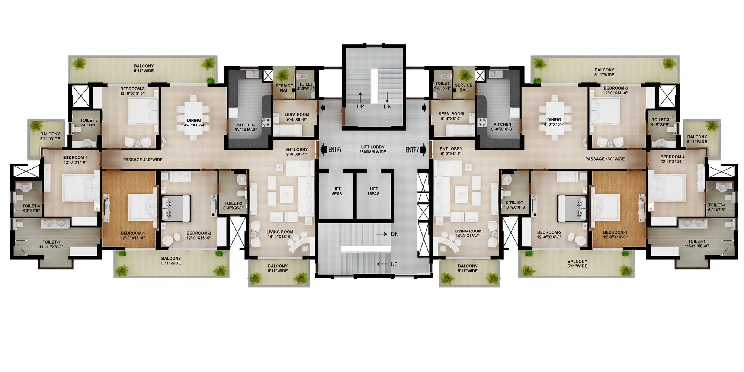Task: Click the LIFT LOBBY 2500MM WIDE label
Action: (x=372, y=150)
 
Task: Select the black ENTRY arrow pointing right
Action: (x=423, y=150)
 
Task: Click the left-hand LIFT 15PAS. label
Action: (x=336, y=192)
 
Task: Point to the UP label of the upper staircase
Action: (x=360, y=106)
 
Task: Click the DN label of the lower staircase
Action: (x=395, y=234)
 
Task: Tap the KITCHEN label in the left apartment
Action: (x=246, y=127)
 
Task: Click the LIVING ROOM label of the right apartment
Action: (x=468, y=234)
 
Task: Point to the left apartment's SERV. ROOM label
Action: (x=296, y=117)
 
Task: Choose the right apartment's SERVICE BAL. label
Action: (x=464, y=87)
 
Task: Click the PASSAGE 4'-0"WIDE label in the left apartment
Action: (x=143, y=160)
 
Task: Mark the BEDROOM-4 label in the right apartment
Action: (x=673, y=159)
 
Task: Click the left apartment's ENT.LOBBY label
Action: (x=296, y=152)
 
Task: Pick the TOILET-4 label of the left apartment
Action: (x=31, y=208)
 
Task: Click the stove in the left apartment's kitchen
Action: (x=266, y=122)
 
